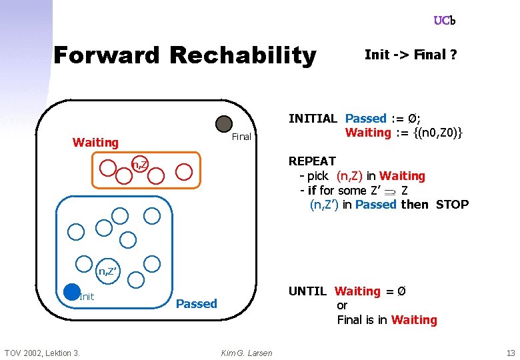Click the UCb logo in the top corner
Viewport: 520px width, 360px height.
click(x=444, y=21)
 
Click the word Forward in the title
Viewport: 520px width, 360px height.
click(x=107, y=55)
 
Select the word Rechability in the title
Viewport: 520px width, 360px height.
click(x=243, y=55)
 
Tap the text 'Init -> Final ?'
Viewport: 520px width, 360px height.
click(x=411, y=55)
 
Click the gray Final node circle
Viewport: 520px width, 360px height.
click(x=224, y=124)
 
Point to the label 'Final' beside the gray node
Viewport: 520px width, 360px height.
click(x=241, y=137)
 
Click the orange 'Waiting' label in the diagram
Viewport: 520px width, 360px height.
click(x=95, y=142)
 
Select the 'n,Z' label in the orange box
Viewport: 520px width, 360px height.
click(x=139, y=164)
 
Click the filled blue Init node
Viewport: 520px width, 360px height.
click(x=71, y=291)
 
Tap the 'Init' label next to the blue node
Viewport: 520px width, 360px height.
click(x=87, y=297)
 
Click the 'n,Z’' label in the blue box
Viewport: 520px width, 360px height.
click(x=109, y=271)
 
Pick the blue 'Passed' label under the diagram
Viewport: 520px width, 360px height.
click(x=196, y=304)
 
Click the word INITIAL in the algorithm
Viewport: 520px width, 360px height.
click(x=313, y=119)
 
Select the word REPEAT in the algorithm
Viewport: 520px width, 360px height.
click(x=312, y=161)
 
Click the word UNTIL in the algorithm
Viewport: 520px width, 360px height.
click(x=307, y=291)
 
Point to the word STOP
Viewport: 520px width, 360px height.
click(x=452, y=205)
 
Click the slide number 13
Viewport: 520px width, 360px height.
click(x=511, y=353)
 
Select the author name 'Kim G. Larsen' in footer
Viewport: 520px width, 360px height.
click(x=247, y=353)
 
